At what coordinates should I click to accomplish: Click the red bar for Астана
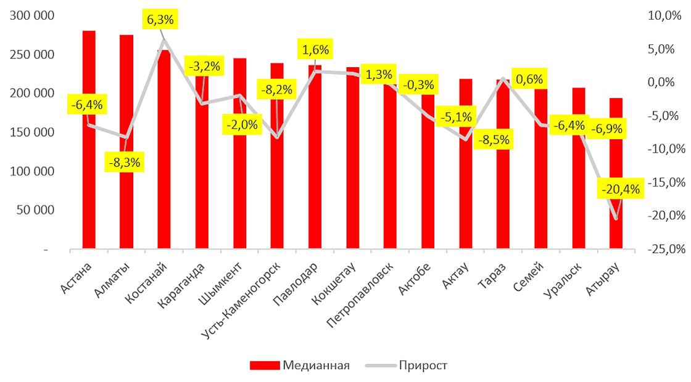[x=89, y=185]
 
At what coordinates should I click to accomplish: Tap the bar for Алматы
[x=126, y=203]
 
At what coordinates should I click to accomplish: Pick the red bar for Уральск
[x=579, y=185]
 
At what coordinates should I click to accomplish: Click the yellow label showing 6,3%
[x=160, y=20]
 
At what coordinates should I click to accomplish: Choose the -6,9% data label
[x=607, y=129]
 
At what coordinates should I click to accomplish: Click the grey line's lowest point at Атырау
[x=616, y=219]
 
